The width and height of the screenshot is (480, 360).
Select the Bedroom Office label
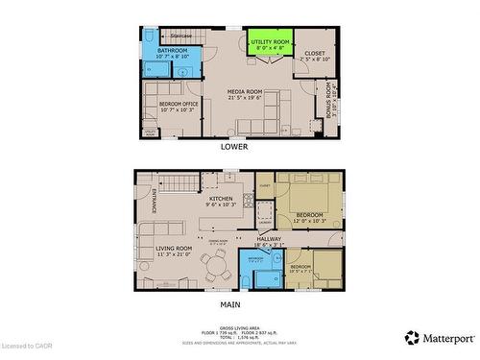177,106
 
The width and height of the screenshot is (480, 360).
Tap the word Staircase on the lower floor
180,36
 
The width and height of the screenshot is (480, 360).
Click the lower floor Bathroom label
174,53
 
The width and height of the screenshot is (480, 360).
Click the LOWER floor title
233,147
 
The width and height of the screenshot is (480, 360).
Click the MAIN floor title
230,305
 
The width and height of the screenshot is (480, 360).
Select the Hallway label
269,242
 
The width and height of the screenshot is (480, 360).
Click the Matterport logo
439,337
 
